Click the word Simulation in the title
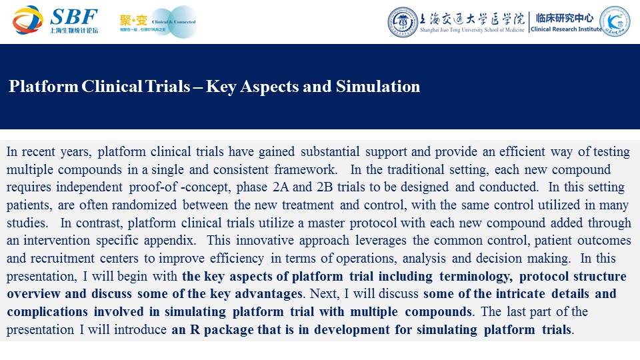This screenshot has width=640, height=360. (x=378, y=87)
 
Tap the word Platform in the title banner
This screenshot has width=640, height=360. (x=43, y=87)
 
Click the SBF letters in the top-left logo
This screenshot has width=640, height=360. (x=74, y=17)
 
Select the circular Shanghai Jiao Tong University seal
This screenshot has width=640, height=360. (x=403, y=22)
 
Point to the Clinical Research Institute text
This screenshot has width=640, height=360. (x=566, y=29)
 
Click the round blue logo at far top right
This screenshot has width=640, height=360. (x=615, y=21)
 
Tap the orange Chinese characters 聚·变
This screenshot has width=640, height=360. (x=133, y=20)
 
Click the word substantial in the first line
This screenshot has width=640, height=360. (x=330, y=151)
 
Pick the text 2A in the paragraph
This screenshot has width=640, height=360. (x=281, y=187)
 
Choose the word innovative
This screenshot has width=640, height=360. (x=265, y=241)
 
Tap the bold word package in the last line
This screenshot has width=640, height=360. (x=231, y=330)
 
